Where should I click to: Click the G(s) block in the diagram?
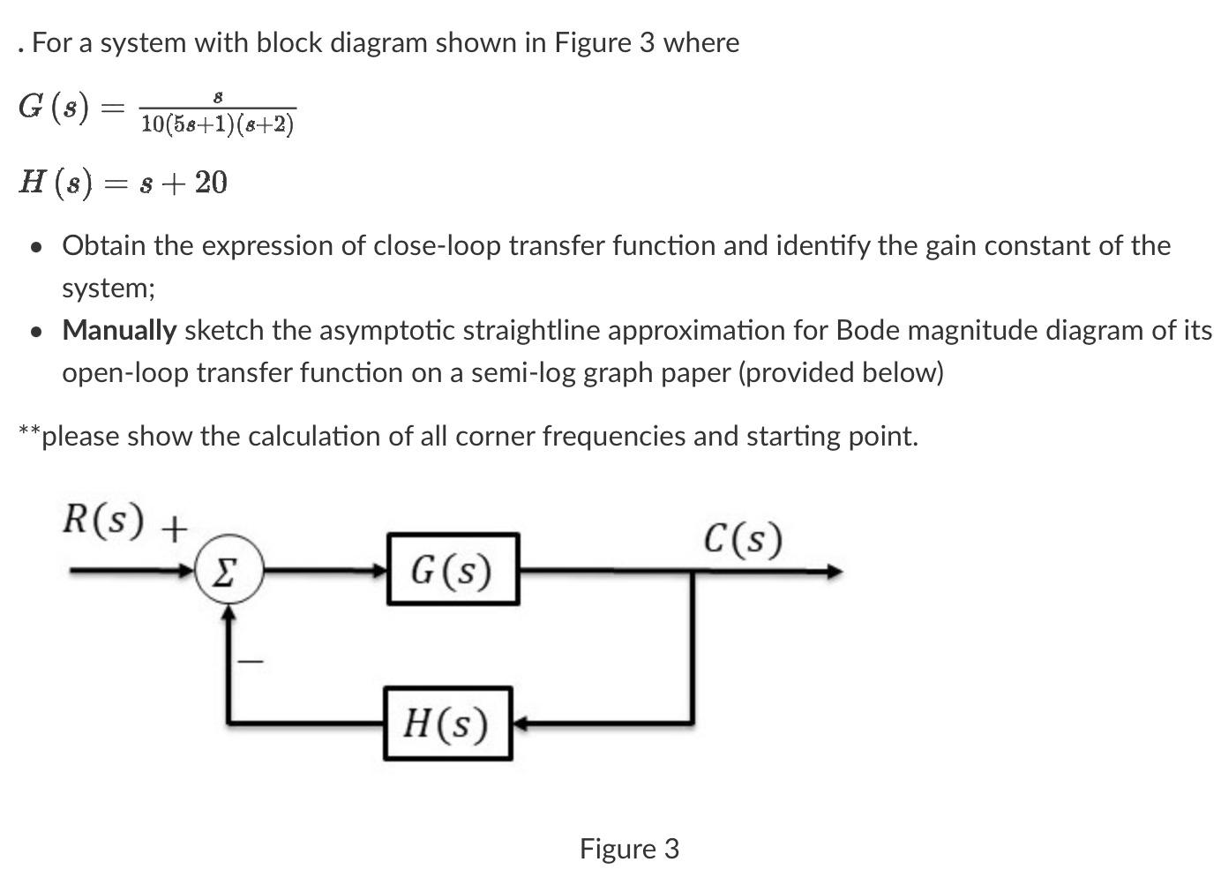[452, 570]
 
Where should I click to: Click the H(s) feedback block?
[447, 723]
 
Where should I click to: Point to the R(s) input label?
[102, 520]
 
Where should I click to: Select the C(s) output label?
[743, 538]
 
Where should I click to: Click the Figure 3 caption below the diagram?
[629, 849]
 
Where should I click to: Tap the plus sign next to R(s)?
[175, 528]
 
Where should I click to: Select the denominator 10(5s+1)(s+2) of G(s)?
[217, 124]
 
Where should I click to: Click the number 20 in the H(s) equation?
[211, 183]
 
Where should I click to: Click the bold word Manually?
[119, 330]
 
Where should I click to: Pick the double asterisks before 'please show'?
[28, 431]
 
